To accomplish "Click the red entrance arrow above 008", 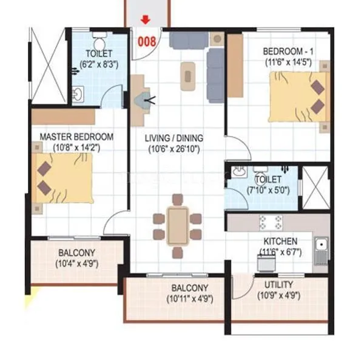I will [x=145, y=19].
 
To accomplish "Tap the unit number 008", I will [x=148, y=42].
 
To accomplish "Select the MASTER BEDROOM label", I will [x=76, y=137].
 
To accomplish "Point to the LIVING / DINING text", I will [x=174, y=138].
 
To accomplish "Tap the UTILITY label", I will [x=278, y=285].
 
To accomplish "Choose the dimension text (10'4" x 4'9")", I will [x=77, y=263].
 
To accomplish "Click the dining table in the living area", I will [x=178, y=225].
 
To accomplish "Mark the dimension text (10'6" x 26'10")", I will [x=173, y=149].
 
